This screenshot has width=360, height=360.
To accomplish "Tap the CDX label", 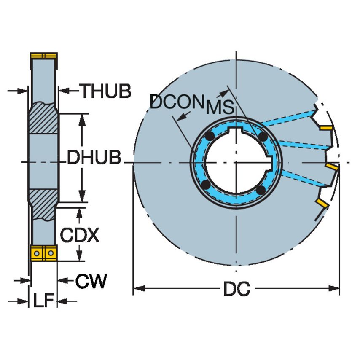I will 79,235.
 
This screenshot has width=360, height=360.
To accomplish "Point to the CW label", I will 91,280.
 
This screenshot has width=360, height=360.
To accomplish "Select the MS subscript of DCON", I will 220,108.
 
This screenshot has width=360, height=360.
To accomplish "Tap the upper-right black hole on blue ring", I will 263,137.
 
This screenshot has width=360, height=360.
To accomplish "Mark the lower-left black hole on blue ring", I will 206,185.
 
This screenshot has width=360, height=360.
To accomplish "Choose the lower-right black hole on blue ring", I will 261,191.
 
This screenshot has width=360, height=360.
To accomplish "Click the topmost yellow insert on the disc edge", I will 326,127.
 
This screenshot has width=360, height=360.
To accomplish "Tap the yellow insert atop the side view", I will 43,56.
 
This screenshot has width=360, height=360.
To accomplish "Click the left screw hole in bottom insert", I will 37,253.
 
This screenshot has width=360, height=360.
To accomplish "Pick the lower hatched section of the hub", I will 43,204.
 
